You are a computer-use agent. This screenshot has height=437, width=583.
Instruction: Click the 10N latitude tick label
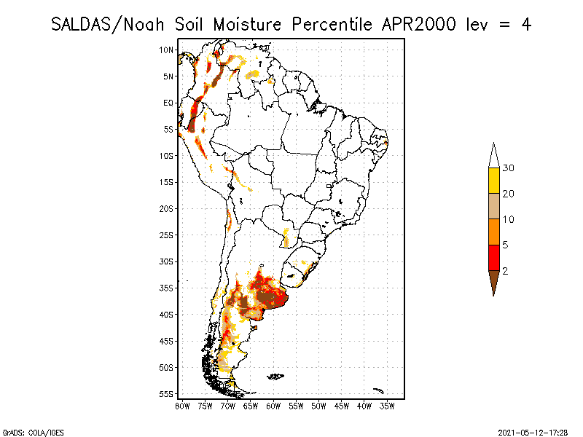point(166,50)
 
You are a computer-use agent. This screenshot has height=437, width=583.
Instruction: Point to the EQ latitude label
point(168,103)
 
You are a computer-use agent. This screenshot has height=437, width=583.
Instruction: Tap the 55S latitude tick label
point(166,394)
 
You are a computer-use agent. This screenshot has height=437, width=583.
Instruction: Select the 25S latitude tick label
point(166,235)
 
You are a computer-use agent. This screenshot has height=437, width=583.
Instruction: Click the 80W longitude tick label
point(182,405)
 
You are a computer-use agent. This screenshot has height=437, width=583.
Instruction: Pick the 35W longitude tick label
point(387,405)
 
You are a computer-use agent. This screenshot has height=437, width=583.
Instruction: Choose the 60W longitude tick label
point(273,405)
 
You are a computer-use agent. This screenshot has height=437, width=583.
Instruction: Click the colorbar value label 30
point(509,168)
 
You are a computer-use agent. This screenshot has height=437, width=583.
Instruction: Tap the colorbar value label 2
point(505,270)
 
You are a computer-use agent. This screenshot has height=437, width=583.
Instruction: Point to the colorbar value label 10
point(509,219)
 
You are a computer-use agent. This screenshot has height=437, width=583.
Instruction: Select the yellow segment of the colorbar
point(493,181)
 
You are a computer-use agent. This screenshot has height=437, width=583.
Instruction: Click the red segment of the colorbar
point(493,257)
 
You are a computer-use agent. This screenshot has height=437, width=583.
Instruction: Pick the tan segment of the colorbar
point(493,206)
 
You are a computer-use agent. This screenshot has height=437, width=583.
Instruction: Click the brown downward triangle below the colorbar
point(493,282)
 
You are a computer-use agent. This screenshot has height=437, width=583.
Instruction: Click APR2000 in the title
point(416,23)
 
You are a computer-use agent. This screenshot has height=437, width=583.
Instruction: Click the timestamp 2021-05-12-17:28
point(533,431)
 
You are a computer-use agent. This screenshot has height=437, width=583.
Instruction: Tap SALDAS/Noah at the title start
point(110,23)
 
